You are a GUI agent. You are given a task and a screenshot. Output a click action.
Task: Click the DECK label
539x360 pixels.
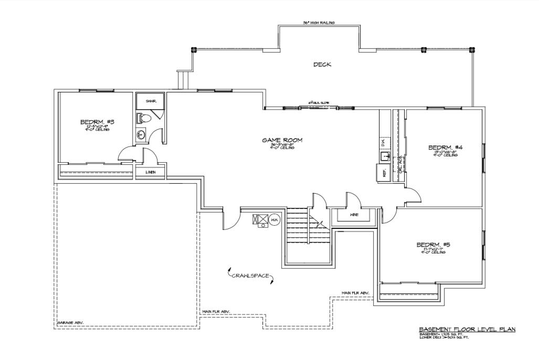322,65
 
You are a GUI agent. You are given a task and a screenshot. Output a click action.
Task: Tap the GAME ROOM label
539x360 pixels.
282,140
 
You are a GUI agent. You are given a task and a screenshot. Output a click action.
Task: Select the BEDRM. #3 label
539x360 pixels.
97,122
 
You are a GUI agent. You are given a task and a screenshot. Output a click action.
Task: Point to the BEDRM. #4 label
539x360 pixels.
445,147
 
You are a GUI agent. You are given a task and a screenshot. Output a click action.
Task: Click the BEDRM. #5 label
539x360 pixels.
433,245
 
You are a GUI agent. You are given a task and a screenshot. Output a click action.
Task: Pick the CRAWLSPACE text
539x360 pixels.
250,275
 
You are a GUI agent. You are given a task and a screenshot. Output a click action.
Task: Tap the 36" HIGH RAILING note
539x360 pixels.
319,23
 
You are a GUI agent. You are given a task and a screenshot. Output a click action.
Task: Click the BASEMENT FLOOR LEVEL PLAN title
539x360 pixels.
467,329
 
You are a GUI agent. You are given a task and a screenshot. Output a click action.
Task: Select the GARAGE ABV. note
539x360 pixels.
70,323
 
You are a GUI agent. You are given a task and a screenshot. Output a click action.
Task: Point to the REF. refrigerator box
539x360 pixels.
383,173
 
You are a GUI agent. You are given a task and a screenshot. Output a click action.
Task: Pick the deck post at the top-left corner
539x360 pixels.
194,50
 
